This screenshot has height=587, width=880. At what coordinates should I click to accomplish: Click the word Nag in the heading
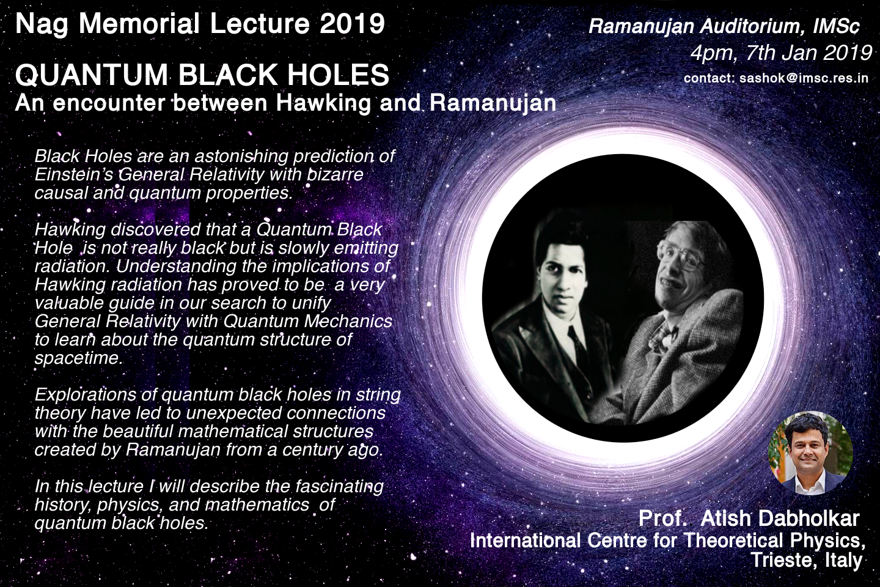click(x=42, y=25)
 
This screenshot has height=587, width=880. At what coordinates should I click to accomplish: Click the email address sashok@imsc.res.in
click(x=804, y=78)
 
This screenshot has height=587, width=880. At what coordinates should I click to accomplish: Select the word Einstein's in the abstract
click(x=74, y=174)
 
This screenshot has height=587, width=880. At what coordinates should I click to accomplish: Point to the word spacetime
click(x=79, y=358)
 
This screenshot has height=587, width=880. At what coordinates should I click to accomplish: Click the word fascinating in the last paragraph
click(x=339, y=486)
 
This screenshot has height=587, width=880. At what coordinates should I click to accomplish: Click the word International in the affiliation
click(x=525, y=540)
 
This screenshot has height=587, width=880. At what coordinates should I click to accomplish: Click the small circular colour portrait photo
click(x=810, y=453)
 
